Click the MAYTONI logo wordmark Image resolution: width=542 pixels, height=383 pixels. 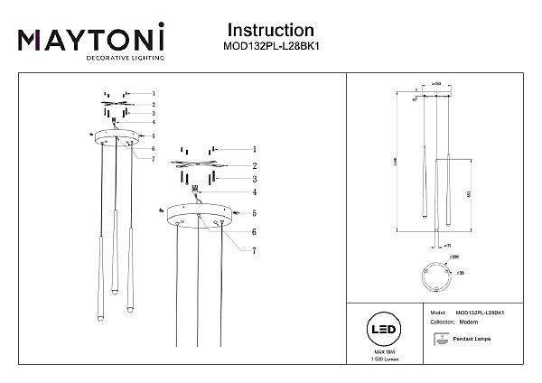(91, 38)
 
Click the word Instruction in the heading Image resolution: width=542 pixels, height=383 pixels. (270, 33)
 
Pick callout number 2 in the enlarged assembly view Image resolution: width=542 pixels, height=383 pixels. (255, 166)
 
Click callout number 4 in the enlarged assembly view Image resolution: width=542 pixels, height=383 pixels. (255, 192)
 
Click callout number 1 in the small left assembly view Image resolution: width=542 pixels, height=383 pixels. (154, 93)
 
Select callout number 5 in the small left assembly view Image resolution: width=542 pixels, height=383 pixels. (154, 135)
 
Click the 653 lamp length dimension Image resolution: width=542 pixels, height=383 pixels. (469, 192)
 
